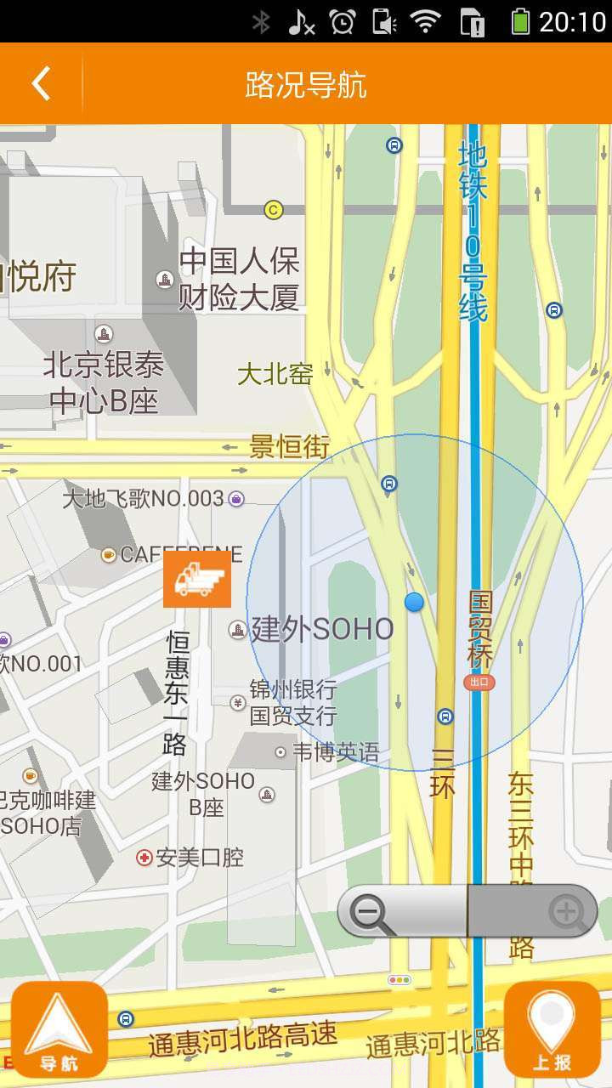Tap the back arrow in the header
[x=41, y=84]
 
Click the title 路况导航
[x=306, y=85]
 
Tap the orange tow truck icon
[x=197, y=579]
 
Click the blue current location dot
[x=414, y=602]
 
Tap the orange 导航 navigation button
[x=59, y=1029]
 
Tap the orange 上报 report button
[x=552, y=1029]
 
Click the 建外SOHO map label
[x=322, y=630]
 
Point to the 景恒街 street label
[x=289, y=446]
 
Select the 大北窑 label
[x=275, y=374]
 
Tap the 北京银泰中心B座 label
[x=104, y=382]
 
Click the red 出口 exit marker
[x=479, y=682]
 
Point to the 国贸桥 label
[x=481, y=629]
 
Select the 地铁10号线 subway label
[x=473, y=231]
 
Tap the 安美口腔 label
[x=200, y=858]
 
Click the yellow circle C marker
[x=273, y=209]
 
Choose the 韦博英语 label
[x=336, y=752]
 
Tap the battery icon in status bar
[x=520, y=21]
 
